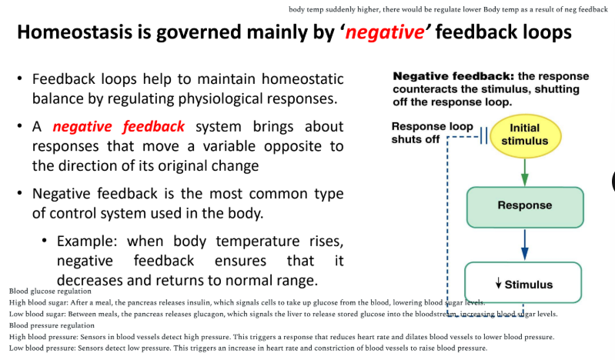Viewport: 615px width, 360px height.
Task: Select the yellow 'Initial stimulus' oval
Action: click(524, 135)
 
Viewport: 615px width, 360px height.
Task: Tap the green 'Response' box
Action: click(524, 205)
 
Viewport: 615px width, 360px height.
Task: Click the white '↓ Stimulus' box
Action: click(523, 284)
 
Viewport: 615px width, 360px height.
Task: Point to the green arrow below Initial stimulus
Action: click(524, 171)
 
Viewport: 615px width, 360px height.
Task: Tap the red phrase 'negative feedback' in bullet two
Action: click(119, 127)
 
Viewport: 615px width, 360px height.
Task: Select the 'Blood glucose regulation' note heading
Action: click(50, 292)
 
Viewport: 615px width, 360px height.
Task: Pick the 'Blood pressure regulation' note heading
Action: click(52, 325)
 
